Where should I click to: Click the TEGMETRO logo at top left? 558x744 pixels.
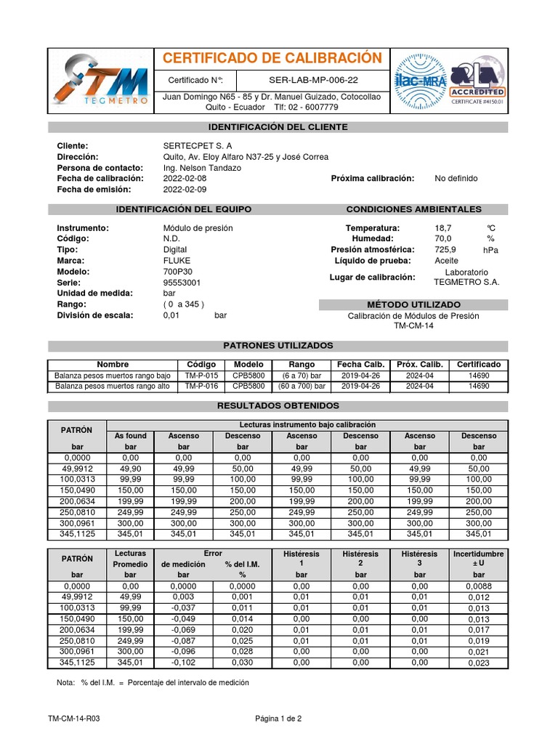pyautogui.click(x=102, y=82)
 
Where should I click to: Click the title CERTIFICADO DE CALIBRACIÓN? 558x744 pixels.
pyautogui.click(x=271, y=58)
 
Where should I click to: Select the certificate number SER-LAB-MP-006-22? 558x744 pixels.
pyautogui.click(x=313, y=80)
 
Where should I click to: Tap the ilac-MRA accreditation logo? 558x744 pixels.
pyautogui.click(x=418, y=83)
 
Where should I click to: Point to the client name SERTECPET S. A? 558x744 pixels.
pyautogui.click(x=198, y=146)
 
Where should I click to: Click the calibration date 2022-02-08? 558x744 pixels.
pyautogui.click(x=185, y=179)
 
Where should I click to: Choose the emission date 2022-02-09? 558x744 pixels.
pyautogui.click(x=185, y=190)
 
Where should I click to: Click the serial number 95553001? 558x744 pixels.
pyautogui.click(x=182, y=283)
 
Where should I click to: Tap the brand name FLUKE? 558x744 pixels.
pyautogui.click(x=177, y=261)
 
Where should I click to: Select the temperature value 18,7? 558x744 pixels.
pyautogui.click(x=443, y=228)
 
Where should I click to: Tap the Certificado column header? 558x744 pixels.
pyautogui.click(x=478, y=365)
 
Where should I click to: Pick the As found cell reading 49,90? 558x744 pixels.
pyautogui.click(x=131, y=469)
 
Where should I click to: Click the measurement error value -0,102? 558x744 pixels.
pyautogui.click(x=184, y=663)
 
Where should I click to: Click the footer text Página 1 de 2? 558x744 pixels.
pyautogui.click(x=278, y=719)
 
